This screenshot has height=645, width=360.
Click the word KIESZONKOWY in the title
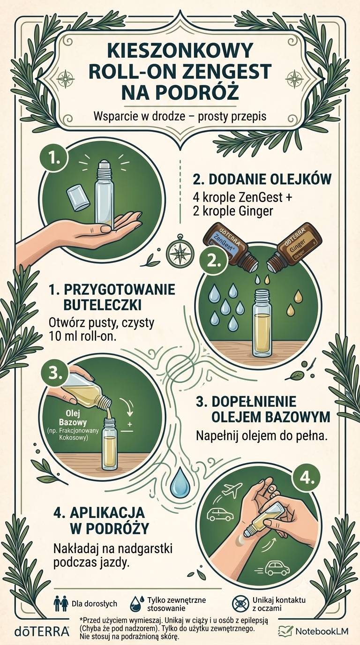pos(180,51)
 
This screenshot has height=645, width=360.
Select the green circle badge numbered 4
pos(307,479)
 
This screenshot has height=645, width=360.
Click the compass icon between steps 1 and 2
pos(177,247)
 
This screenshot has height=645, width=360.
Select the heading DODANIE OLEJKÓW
pos(262,179)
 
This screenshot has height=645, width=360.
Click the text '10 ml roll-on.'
pos(82,336)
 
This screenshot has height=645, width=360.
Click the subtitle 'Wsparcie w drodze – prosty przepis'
pos(180,116)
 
